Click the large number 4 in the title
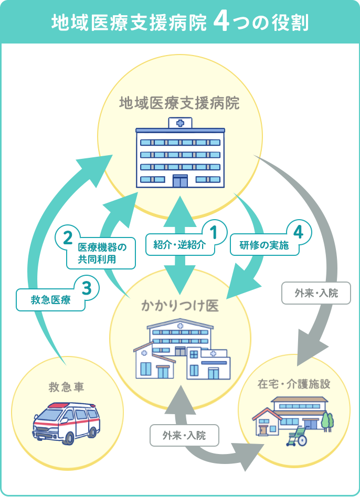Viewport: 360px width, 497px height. [x=221, y=23]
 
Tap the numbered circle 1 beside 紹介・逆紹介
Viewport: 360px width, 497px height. [x=214, y=231]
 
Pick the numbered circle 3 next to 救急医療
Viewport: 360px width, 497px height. [x=88, y=287]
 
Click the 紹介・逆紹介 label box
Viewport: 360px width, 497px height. [x=179, y=245]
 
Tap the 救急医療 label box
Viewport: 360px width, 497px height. [x=50, y=300]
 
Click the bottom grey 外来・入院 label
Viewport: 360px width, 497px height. [x=184, y=435]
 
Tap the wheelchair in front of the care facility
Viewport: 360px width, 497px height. [x=297, y=436]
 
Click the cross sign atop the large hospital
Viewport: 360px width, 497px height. [x=180, y=123]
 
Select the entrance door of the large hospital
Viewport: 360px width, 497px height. [x=180, y=181]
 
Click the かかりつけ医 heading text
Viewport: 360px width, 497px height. [x=180, y=306]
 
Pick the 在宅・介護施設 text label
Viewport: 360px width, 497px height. [x=294, y=384]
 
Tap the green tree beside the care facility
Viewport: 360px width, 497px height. [x=327, y=420]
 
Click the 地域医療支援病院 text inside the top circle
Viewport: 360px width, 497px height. [x=179, y=103]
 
